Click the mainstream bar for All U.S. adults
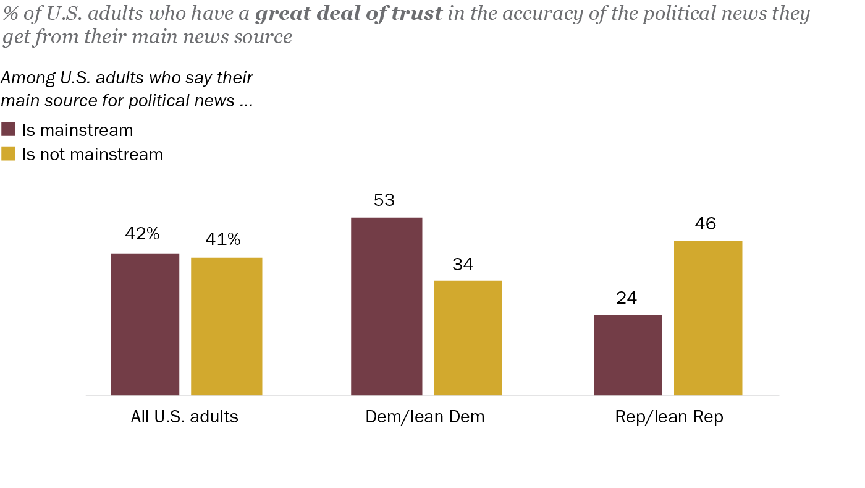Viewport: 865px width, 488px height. (145, 324)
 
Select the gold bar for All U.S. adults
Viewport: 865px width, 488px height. (226, 326)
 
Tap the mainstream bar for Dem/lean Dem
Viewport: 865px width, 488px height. (386, 306)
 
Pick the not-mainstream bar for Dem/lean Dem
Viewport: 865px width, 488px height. (468, 338)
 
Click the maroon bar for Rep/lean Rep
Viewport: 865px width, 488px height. (628, 355)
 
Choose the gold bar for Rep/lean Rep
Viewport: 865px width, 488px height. (707, 318)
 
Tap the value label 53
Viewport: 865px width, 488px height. (384, 200)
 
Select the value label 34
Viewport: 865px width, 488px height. (463, 265)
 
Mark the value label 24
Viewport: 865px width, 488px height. (626, 299)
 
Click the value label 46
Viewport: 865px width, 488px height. (705, 223)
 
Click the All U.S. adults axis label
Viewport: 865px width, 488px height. (184, 417)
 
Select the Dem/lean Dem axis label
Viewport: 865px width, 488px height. (425, 417)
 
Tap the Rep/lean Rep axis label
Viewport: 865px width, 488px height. (669, 417)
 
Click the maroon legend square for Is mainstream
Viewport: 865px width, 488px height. (9, 129)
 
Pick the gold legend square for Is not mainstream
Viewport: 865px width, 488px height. (9, 153)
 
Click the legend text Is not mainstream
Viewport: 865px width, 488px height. (93, 154)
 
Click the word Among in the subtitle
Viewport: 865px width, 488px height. (25, 78)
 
